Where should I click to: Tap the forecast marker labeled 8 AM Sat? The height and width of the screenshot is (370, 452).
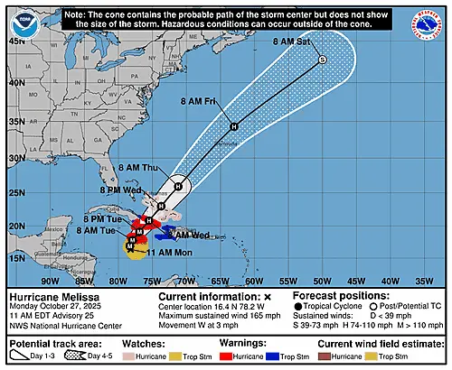(322, 60)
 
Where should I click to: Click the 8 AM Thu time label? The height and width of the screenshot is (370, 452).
(139, 168)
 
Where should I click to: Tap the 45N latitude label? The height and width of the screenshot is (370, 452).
(15, 41)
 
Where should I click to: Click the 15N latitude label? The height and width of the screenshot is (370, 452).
(15, 259)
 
